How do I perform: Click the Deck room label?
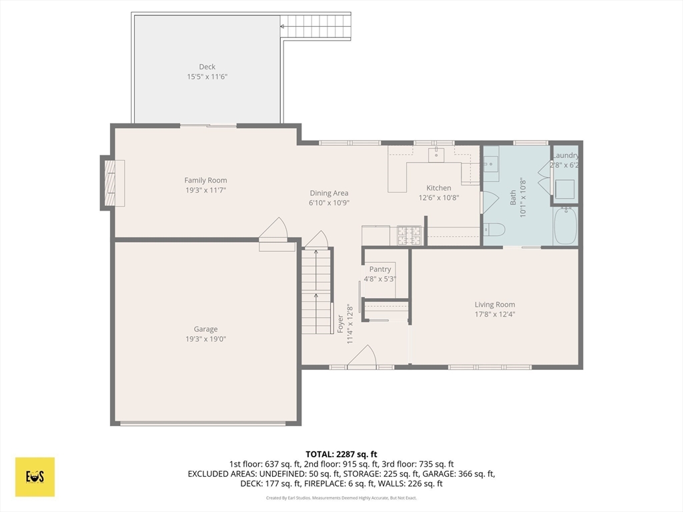click(207, 67)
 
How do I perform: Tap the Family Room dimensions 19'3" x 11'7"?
click(205, 190)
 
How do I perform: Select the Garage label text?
click(205, 329)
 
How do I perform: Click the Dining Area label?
click(329, 193)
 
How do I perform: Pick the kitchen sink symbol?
click(436, 155)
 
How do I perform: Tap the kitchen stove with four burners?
click(409, 235)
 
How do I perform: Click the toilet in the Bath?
click(494, 229)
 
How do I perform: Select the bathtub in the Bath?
click(565, 226)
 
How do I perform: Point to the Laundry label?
click(566, 155)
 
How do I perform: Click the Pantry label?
click(380, 269)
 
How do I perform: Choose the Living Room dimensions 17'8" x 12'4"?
click(495, 315)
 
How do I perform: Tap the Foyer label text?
click(340, 325)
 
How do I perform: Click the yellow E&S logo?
click(35, 477)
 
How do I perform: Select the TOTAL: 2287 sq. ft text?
click(341, 455)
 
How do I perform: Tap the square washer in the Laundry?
click(565, 189)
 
